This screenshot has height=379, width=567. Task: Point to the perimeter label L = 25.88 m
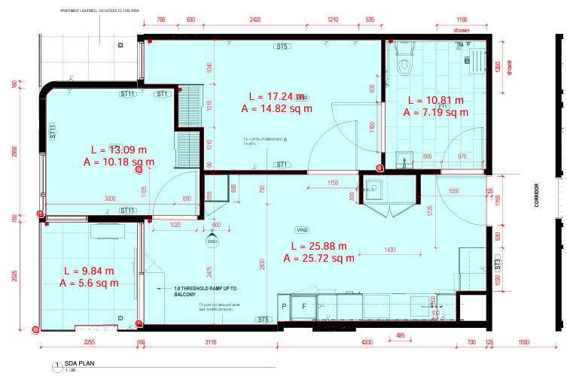click(319, 246)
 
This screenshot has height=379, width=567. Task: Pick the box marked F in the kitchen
click(304, 307)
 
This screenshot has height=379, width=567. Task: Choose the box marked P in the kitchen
click(285, 307)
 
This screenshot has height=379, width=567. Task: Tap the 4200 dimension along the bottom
click(367, 342)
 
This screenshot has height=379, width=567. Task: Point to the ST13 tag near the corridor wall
click(498, 263)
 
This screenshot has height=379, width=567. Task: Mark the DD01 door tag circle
click(212, 242)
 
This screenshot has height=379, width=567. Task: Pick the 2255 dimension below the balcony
click(89, 342)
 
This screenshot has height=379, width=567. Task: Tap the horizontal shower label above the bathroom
click(461, 30)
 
